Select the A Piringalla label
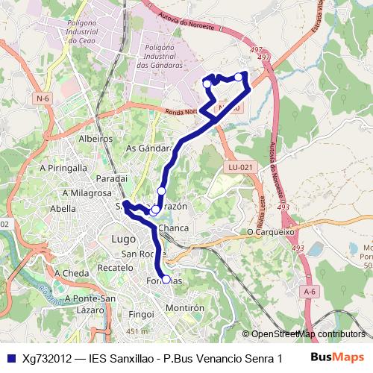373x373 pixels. point(64,168)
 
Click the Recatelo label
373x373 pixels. point(115,266)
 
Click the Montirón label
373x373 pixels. point(185,307)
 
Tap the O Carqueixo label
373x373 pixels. point(272,232)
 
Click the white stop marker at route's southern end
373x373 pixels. point(166,280)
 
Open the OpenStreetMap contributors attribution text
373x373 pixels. point(307,333)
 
